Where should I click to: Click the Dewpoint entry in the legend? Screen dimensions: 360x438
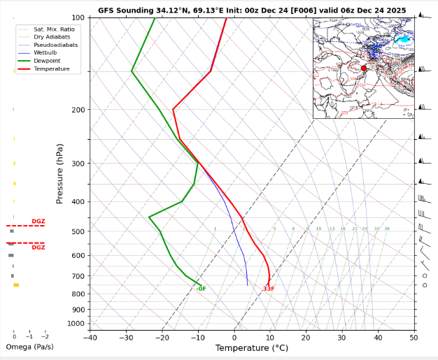point(45,61)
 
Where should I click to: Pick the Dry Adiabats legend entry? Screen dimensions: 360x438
point(50,36)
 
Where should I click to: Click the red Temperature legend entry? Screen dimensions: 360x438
point(50,69)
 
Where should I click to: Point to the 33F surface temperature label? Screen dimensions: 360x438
point(269,289)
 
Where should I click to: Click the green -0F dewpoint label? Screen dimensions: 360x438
point(201,289)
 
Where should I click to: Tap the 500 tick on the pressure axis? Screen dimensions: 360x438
point(78,231)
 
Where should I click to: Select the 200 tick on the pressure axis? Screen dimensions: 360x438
point(78,110)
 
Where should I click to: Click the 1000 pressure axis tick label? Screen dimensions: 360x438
point(76,324)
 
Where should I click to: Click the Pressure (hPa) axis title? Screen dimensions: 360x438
point(60,174)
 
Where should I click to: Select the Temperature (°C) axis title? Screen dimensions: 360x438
point(251,348)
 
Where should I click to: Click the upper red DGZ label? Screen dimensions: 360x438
point(38,222)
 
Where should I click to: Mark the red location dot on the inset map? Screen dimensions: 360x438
point(364,68)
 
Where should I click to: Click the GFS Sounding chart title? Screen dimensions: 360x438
point(252,10)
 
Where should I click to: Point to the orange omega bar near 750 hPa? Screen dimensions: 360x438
point(16,285)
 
